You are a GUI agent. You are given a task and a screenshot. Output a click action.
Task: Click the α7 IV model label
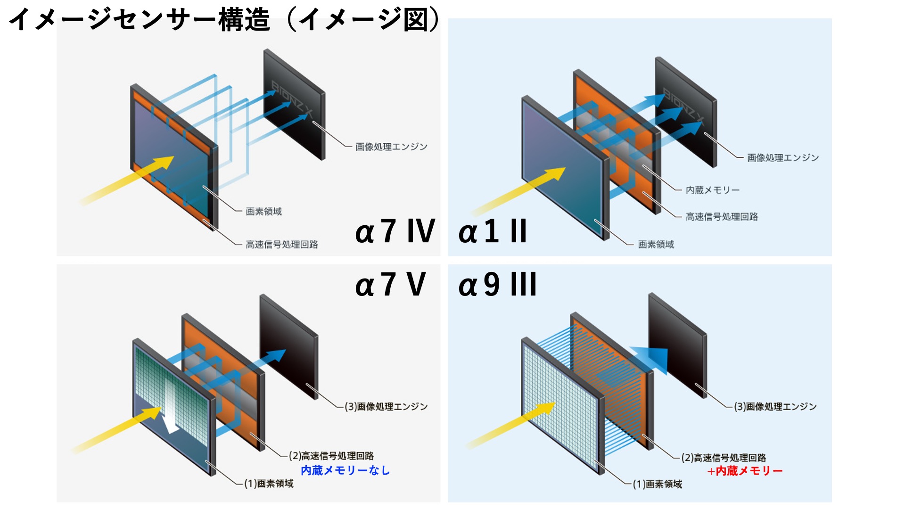(395, 231)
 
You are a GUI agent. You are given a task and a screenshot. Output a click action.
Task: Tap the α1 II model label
(493, 231)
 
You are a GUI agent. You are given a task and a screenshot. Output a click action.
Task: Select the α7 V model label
(390, 285)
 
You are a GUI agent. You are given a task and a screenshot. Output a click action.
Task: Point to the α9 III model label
(497, 285)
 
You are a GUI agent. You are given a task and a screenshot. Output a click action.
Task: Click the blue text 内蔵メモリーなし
(345, 470)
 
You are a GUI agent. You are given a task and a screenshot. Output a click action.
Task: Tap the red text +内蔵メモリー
(744, 471)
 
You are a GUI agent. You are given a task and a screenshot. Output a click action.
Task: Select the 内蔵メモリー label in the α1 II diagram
(712, 190)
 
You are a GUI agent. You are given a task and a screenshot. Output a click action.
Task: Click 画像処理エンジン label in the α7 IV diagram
(391, 147)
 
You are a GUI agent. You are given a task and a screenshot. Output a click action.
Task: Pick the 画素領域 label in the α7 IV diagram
(263, 211)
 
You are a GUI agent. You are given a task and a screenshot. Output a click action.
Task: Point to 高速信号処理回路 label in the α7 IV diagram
(282, 244)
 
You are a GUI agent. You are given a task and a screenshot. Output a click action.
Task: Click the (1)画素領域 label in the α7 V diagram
(269, 484)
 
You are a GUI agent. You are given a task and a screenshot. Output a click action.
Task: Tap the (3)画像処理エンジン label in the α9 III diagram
(775, 406)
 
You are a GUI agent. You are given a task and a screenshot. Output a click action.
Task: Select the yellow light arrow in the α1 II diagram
(518, 191)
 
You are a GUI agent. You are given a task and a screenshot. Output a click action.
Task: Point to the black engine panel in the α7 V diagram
(288, 346)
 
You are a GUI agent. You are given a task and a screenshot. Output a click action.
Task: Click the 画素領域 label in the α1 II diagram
(656, 244)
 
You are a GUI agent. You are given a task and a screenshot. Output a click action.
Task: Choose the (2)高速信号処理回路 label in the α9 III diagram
(724, 458)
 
